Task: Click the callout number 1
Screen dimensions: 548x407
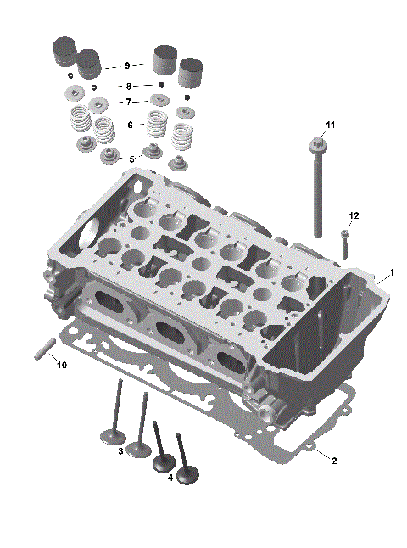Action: (x=392, y=273)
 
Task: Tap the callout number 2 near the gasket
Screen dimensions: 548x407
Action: (x=334, y=461)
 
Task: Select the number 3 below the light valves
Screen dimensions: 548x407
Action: (x=121, y=451)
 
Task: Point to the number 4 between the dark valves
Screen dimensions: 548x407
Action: (x=170, y=478)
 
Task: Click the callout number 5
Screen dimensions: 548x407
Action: (x=130, y=159)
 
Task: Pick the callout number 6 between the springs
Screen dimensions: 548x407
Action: (x=129, y=125)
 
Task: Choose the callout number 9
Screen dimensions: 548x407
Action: (x=126, y=65)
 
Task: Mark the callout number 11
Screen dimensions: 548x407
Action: (x=331, y=125)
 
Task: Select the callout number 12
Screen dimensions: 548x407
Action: (x=354, y=216)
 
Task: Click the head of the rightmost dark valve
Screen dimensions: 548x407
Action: (x=187, y=467)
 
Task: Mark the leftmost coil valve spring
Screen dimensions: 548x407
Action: (x=79, y=120)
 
